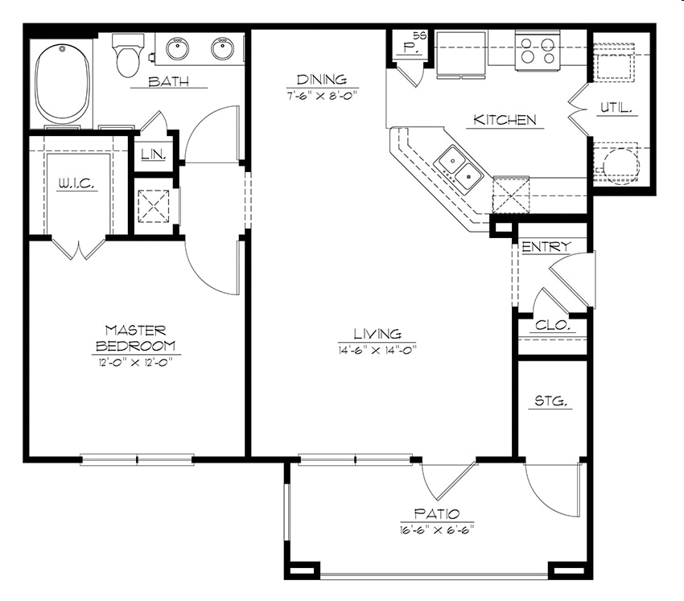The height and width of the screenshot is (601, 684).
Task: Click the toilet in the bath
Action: point(128,55)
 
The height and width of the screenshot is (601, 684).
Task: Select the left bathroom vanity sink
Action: point(178,48)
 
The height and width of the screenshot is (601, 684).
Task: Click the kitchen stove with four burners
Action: point(538,51)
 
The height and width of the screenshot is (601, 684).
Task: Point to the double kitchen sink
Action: point(460,170)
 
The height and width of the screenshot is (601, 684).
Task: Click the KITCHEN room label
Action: point(505,120)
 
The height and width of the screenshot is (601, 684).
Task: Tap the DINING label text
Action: point(322,80)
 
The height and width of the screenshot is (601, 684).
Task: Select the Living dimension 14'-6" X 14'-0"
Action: point(377,349)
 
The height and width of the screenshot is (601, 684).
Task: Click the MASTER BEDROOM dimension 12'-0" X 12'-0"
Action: point(135,362)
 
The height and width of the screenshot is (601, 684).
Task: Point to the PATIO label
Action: point(437,513)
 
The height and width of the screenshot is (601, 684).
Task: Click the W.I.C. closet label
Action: point(76,184)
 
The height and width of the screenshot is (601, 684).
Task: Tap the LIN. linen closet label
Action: point(154,154)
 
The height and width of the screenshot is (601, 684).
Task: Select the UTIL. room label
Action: point(616,107)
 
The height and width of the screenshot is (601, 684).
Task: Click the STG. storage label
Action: point(551,401)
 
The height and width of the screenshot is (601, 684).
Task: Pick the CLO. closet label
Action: point(553,325)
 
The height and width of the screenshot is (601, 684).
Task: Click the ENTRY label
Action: point(546,247)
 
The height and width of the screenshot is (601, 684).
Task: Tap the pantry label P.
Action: point(409,48)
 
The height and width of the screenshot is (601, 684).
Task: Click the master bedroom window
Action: point(137,459)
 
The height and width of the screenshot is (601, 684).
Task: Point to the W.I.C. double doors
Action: point(79,249)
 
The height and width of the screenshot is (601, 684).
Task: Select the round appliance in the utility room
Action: point(621,165)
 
